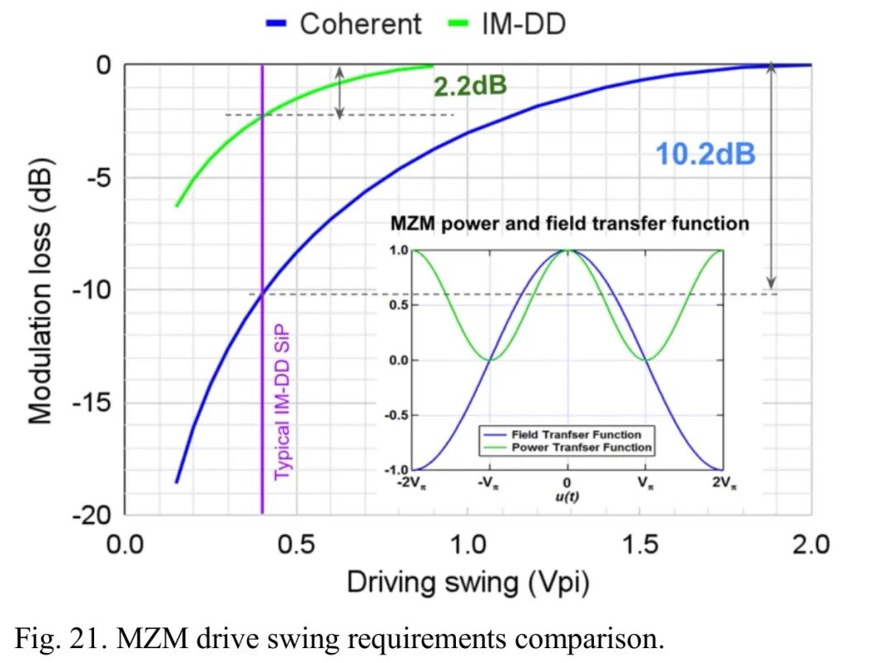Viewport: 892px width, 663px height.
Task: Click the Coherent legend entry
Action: pyautogui.click(x=360, y=24)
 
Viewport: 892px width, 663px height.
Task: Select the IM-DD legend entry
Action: pyautogui.click(x=524, y=24)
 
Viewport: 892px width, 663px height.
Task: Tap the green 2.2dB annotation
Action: pyautogui.click(x=470, y=86)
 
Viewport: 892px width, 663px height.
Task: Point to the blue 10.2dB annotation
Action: pyautogui.click(x=705, y=154)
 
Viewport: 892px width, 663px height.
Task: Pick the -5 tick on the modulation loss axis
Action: pyautogui.click(x=97, y=178)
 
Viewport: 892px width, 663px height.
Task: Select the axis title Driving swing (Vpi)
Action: pyautogui.click(x=467, y=583)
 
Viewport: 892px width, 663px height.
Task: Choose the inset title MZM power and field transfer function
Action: pyautogui.click(x=569, y=224)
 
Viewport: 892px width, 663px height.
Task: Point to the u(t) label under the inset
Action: pyautogui.click(x=567, y=495)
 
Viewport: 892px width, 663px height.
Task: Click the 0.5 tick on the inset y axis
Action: pyautogui.click(x=398, y=305)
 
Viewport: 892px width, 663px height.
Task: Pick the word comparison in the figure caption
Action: pyautogui.click(x=584, y=638)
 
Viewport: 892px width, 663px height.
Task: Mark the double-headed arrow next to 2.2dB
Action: pyautogui.click(x=338, y=92)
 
